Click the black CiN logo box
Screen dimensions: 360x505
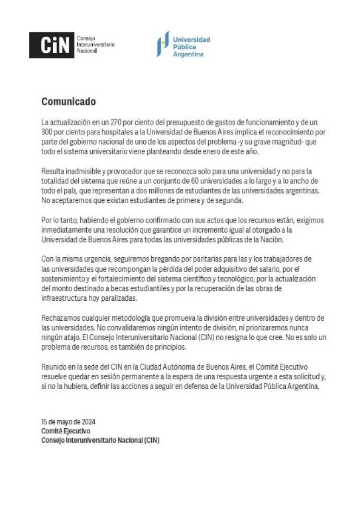[x=51, y=45]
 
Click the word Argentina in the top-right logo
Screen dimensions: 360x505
[x=187, y=54]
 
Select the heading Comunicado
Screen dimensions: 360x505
[x=68, y=101]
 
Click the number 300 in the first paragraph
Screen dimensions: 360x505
[x=48, y=132]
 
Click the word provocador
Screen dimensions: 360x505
[x=113, y=172]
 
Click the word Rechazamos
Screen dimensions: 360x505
[x=61, y=317]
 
